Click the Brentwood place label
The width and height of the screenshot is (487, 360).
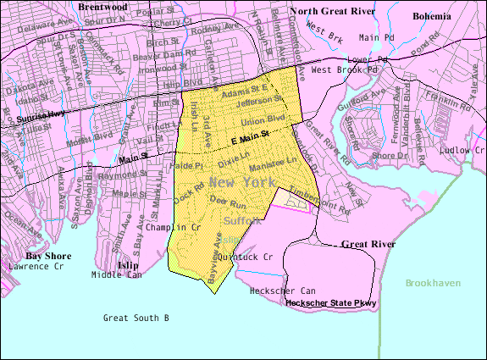point(102,6)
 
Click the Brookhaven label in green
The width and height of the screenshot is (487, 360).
point(433,282)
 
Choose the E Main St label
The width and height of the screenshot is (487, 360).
point(251,136)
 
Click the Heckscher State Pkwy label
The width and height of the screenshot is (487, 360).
point(330,302)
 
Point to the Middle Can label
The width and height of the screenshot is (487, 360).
point(117,274)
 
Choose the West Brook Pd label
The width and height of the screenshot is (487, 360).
point(339,69)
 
